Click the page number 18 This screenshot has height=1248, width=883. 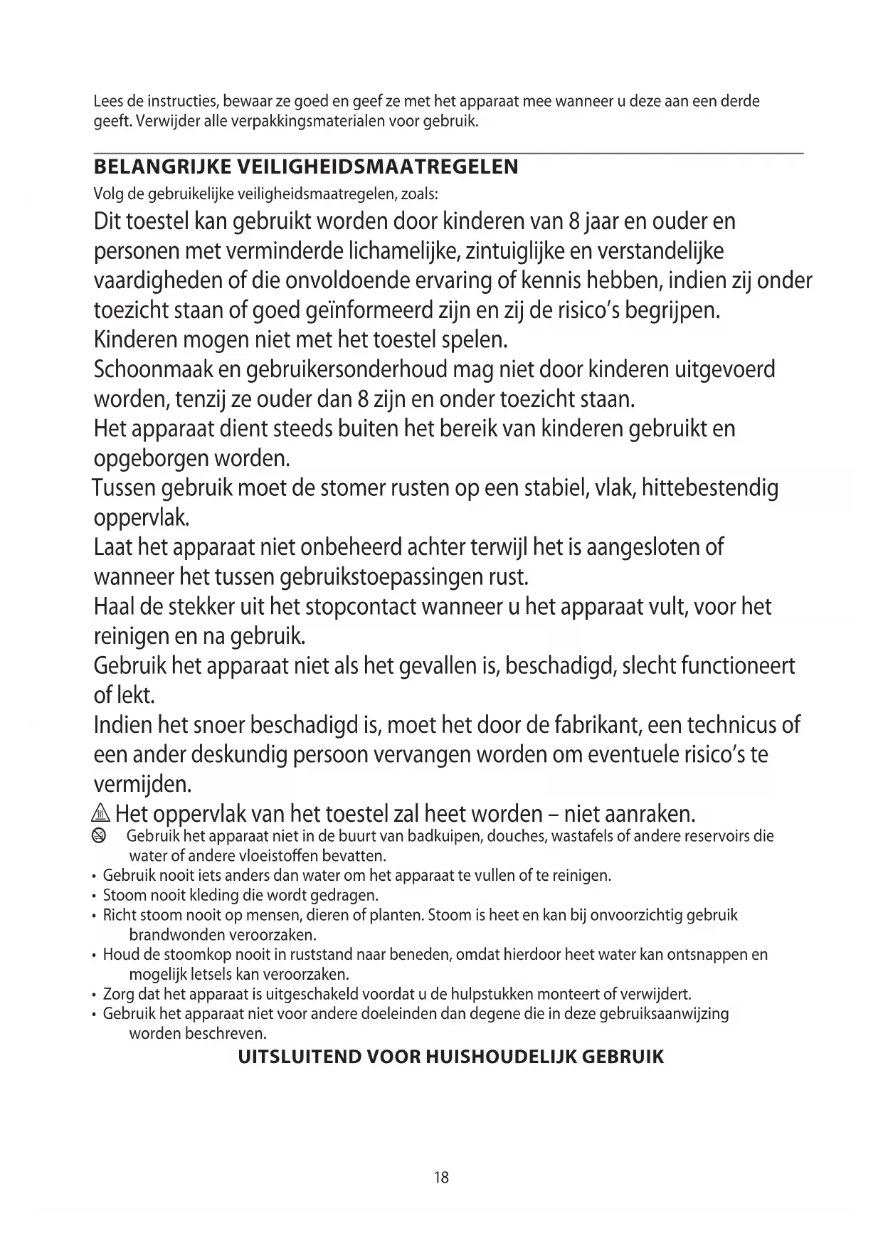point(441,1178)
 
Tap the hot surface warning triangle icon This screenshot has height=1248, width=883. point(102,813)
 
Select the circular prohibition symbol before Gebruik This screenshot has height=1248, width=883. point(100,836)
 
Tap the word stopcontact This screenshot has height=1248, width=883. point(361,607)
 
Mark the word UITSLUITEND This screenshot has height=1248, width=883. point(297,1057)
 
